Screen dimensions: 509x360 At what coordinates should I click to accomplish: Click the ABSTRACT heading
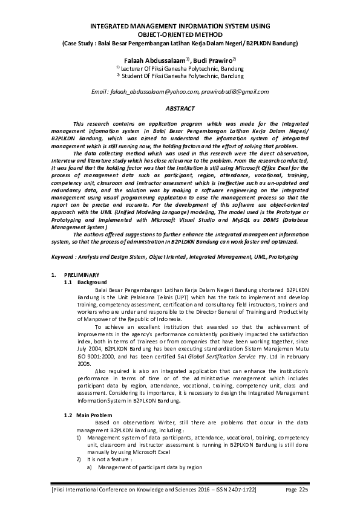click(x=180, y=108)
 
